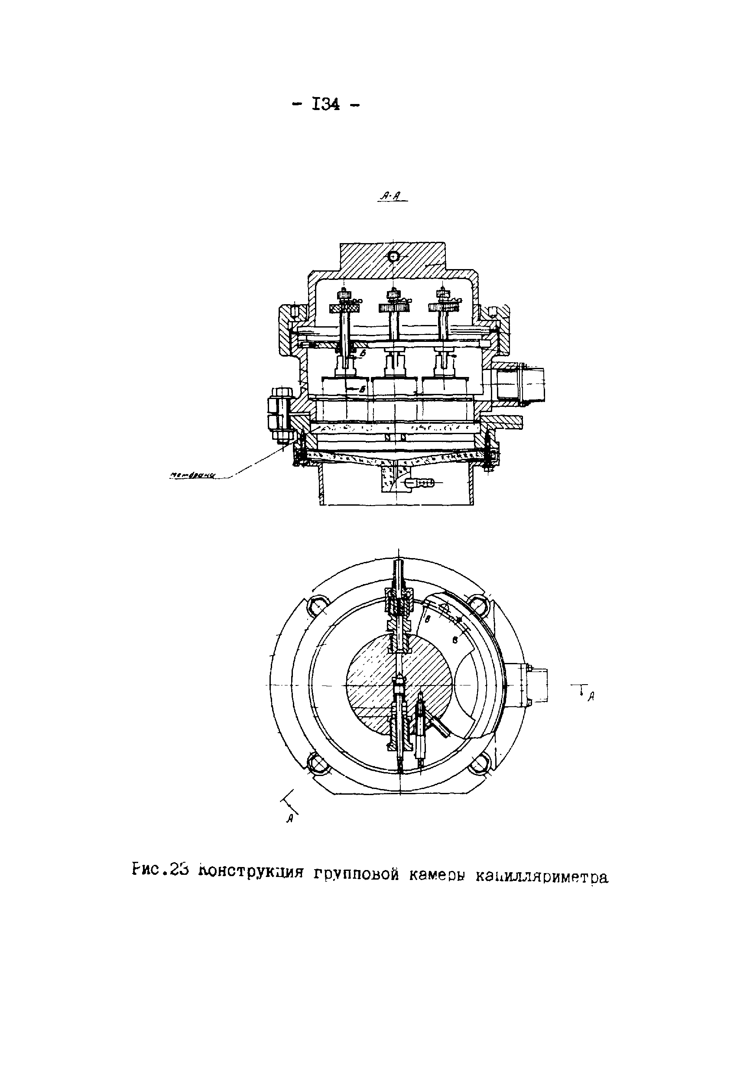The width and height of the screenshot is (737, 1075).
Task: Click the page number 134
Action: tap(327, 105)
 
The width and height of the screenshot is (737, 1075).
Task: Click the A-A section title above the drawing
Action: tap(392, 197)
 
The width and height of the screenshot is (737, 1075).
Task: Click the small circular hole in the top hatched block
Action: tap(393, 257)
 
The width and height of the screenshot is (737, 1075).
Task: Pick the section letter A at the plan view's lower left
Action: tap(291, 818)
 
